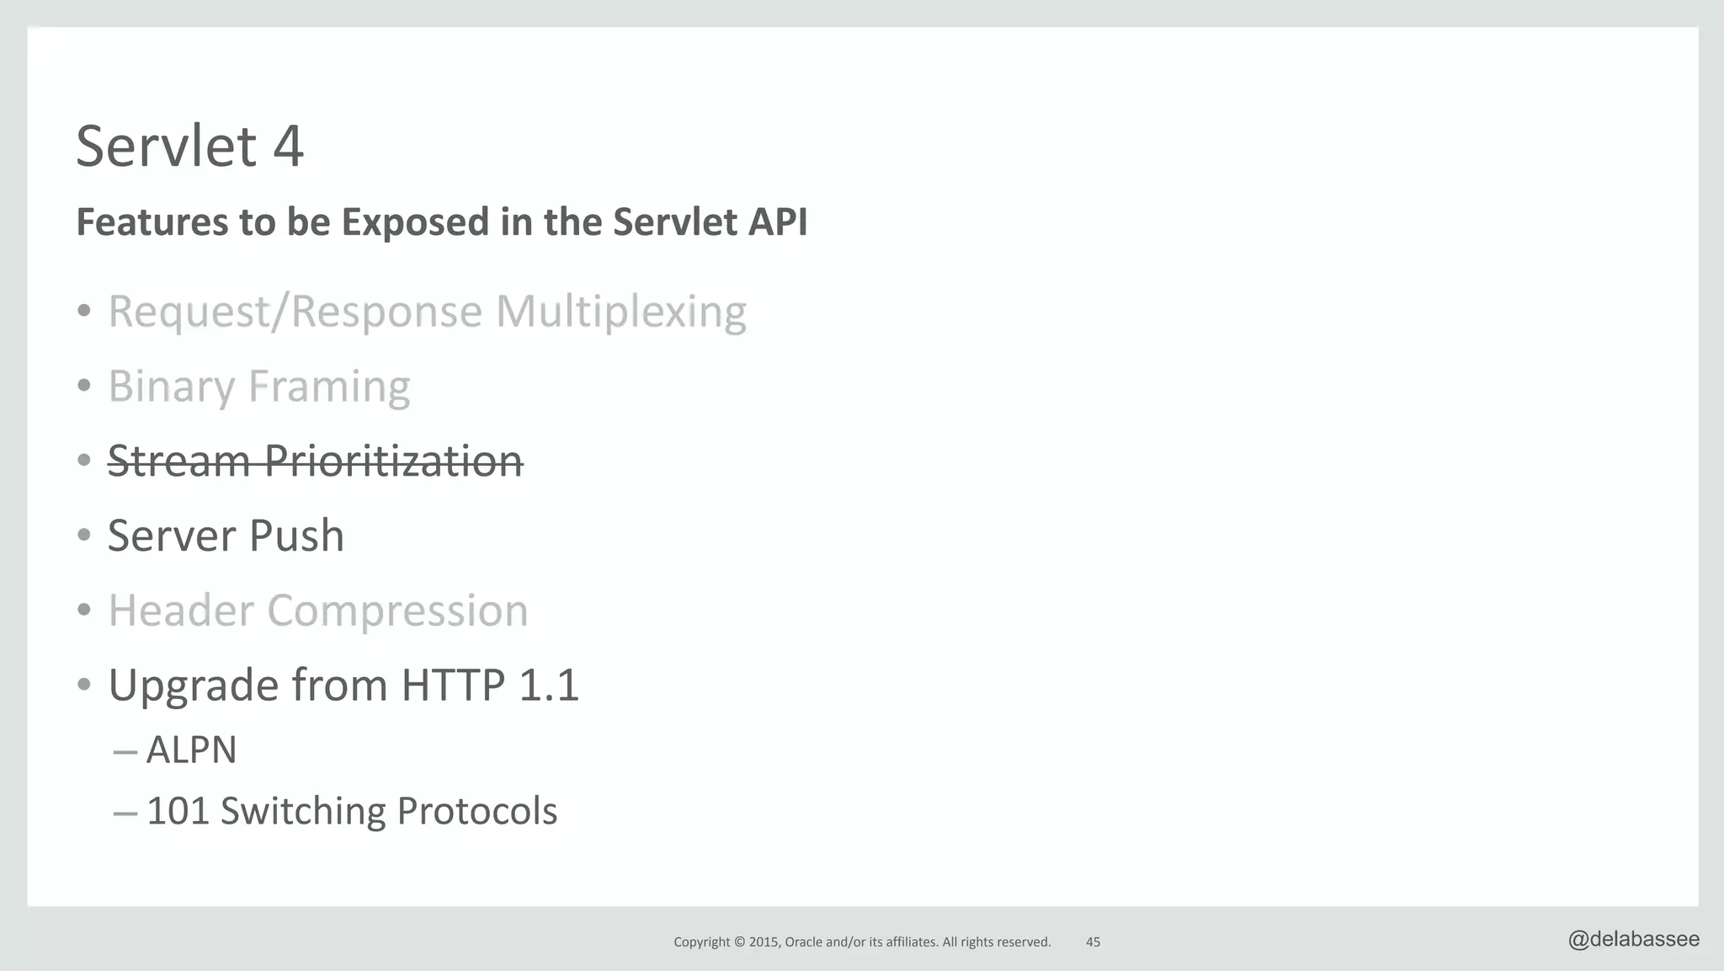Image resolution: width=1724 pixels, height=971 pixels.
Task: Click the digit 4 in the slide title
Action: coord(288,147)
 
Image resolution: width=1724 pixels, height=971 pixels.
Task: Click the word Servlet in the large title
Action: coord(166,147)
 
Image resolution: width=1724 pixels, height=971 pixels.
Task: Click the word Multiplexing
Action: coord(620,312)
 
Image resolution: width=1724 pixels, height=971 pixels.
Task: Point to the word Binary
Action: coord(171,387)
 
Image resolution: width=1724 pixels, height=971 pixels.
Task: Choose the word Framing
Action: coord(329,387)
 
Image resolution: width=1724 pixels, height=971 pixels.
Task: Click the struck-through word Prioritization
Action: coord(393,461)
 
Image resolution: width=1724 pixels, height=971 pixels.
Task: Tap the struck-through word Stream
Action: coord(178,461)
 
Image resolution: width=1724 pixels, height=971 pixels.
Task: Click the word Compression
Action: coord(397,611)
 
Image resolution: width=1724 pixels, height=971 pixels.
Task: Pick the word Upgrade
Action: coord(194,686)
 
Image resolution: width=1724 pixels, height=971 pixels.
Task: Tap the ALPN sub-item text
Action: coord(191,750)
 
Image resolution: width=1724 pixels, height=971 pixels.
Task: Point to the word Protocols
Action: coord(476,811)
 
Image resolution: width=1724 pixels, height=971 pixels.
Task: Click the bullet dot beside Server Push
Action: coord(83,536)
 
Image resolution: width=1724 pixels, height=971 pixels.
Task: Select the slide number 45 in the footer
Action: coord(1093,942)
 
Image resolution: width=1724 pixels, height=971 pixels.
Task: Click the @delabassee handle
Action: coord(1633,939)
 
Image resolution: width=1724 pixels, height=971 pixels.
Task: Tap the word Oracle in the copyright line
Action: coord(803,942)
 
